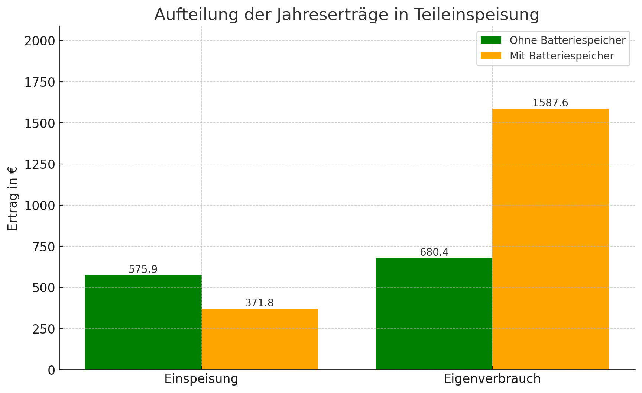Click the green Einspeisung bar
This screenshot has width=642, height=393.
point(143,322)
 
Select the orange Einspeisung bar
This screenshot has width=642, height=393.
point(260,339)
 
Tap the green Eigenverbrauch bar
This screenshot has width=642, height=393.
point(434,313)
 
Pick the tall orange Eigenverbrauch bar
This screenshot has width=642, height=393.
point(550,239)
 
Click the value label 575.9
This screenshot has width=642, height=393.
point(143,269)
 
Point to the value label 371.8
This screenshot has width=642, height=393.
point(259,303)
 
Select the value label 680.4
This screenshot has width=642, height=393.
point(434,252)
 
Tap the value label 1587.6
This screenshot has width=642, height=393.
point(550,103)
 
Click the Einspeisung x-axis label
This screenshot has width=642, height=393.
point(201,379)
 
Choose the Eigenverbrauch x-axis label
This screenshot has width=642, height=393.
point(492,379)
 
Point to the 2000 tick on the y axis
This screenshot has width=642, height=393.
point(40,41)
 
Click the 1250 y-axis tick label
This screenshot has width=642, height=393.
point(40,164)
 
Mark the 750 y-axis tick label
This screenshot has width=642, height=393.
point(43,247)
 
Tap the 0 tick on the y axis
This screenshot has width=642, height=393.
point(51,370)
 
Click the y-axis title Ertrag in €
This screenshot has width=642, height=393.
point(13,198)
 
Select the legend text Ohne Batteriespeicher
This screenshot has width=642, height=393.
point(567,40)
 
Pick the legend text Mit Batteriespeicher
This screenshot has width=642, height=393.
point(561,56)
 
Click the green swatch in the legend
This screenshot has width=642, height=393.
point(491,40)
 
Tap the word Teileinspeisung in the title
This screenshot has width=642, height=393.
point(476,15)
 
